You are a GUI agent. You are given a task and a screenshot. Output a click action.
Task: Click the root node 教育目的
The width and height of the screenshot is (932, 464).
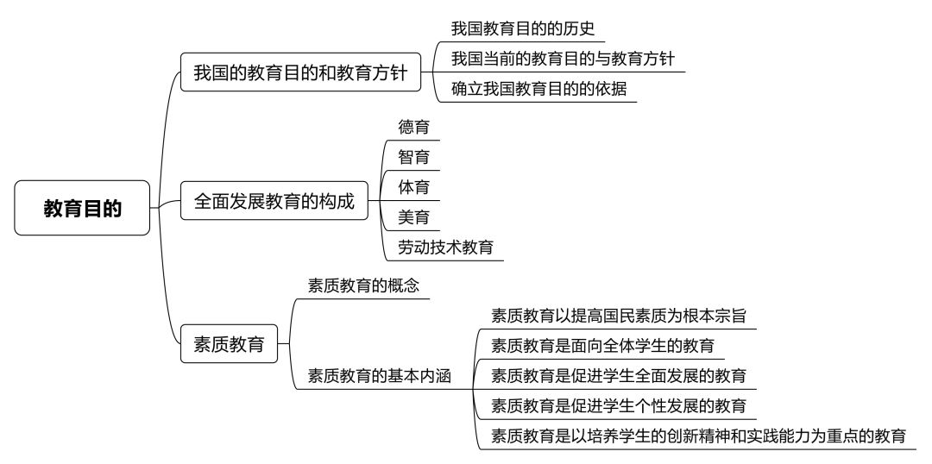tap(82, 208)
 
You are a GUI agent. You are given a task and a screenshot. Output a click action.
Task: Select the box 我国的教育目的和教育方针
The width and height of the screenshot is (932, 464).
tap(301, 72)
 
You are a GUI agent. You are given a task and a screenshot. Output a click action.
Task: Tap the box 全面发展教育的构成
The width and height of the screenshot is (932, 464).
tap(274, 201)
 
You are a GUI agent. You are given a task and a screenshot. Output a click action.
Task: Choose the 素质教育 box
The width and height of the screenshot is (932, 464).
tap(229, 343)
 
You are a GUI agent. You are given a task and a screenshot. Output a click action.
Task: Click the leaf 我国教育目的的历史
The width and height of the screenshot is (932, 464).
tap(523, 28)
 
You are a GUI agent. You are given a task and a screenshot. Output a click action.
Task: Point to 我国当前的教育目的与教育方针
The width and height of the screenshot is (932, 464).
tap(563, 59)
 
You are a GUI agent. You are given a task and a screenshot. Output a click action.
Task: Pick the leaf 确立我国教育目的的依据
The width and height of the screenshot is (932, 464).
tap(539, 89)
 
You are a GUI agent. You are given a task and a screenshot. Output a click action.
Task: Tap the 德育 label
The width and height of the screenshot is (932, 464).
tap(413, 127)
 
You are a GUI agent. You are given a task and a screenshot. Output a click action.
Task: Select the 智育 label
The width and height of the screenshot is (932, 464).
tap(413, 157)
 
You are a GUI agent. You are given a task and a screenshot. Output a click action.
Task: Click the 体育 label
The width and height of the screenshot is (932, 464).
tap(413, 187)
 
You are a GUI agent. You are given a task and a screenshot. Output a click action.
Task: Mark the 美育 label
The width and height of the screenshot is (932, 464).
tap(413, 217)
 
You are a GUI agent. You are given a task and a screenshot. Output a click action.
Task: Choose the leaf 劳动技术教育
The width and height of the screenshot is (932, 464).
tap(446, 248)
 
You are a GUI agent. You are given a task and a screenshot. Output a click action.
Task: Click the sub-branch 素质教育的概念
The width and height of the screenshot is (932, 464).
tap(364, 285)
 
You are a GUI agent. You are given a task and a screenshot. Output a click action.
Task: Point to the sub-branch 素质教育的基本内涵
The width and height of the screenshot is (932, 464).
tap(380, 376)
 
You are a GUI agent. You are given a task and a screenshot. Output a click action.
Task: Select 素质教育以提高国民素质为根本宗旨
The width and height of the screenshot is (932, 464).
tap(619, 315)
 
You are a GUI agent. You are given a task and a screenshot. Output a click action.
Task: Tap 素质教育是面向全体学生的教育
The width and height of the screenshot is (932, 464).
tap(602, 345)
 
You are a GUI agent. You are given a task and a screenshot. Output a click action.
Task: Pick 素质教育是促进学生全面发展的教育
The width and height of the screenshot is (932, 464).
tap(619, 376)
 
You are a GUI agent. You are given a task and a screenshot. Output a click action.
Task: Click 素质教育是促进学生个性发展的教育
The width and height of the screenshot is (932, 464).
tap(619, 406)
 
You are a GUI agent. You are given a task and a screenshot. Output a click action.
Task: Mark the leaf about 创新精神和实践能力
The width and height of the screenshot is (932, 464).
tap(698, 436)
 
